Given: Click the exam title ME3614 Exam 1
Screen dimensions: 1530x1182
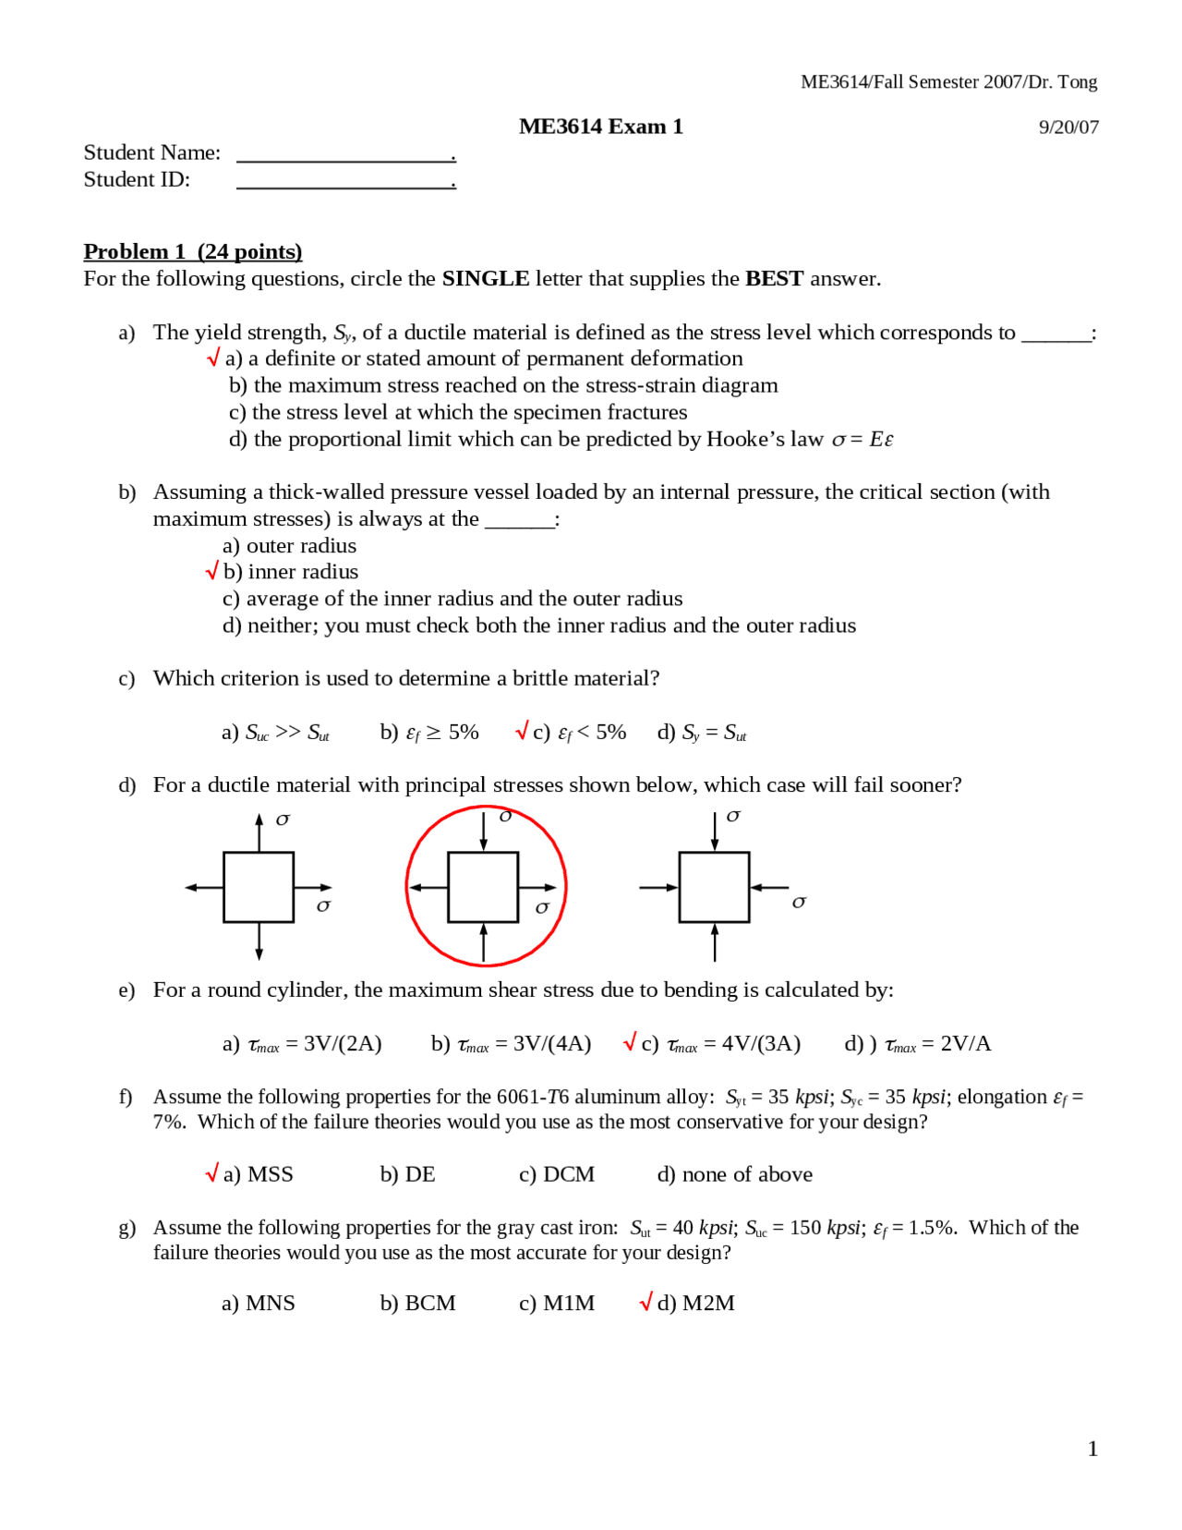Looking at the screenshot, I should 600,127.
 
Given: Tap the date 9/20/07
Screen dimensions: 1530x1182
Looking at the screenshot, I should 1068,127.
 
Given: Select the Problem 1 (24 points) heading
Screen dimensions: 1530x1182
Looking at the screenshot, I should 192,251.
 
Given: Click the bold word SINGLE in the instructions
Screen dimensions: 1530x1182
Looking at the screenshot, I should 485,278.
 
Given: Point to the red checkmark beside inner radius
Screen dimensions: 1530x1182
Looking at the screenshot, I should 212,571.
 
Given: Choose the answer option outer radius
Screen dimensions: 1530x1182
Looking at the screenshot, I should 289,545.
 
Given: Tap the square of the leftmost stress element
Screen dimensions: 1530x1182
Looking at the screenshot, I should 259,887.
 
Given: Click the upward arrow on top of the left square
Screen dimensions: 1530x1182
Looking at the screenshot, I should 259,832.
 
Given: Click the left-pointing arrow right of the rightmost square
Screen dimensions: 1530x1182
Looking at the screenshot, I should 768,887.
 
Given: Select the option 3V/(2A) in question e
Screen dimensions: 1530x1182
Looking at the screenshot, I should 302,1044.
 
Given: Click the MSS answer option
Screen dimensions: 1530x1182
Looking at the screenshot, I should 258,1174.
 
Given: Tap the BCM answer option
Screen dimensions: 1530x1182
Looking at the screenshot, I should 417,1303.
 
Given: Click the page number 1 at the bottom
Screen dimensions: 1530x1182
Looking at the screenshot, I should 1092,1449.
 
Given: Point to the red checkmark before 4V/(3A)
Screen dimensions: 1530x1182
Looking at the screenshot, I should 630,1042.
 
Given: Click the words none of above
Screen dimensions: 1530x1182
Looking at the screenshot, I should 735,1174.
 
